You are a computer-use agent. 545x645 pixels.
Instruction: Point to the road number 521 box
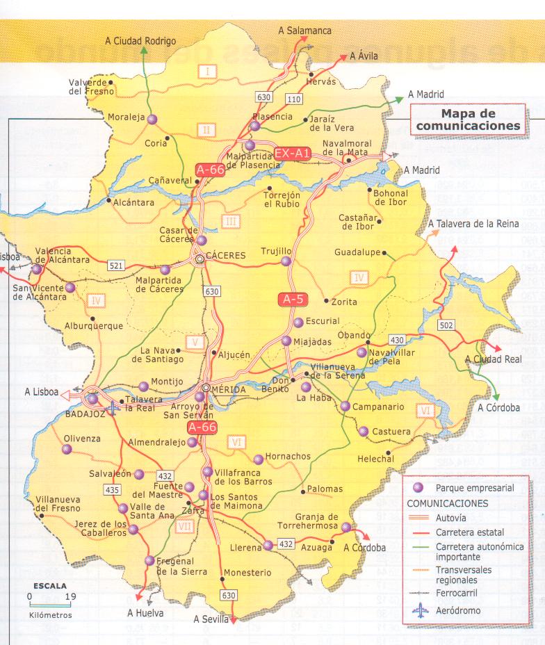pos(116,266)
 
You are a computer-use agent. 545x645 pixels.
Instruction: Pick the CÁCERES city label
pos(226,256)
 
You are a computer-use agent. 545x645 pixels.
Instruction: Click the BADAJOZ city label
pos(84,413)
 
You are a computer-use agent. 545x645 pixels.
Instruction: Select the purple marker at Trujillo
pos(286,261)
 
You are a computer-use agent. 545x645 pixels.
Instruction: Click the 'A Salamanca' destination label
pos(304,31)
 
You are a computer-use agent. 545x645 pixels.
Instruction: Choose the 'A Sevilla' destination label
pos(211,619)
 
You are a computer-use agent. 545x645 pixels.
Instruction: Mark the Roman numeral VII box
pos(185,526)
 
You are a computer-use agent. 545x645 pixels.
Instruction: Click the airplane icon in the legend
pos(421,612)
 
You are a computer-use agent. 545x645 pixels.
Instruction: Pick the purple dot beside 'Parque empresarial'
pos(418,488)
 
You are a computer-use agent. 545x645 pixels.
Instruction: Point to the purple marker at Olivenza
pos(67,450)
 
